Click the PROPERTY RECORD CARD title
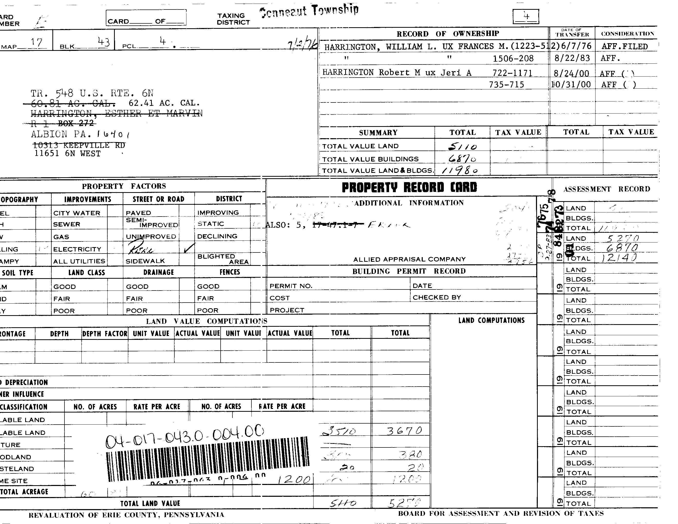[x=409, y=188]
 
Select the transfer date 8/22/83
[x=572, y=58]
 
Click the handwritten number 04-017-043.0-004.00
[x=185, y=437]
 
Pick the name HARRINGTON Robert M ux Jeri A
[x=397, y=73]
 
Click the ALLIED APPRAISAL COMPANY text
[x=409, y=259]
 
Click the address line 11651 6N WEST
[x=67, y=154]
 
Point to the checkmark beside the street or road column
[x=189, y=248]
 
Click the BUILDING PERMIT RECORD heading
[x=409, y=271]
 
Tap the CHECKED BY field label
[x=437, y=297]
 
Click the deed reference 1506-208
[x=513, y=58]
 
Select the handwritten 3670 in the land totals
[x=404, y=431]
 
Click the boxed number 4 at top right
[x=526, y=16]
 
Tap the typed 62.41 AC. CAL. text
[x=164, y=103]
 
